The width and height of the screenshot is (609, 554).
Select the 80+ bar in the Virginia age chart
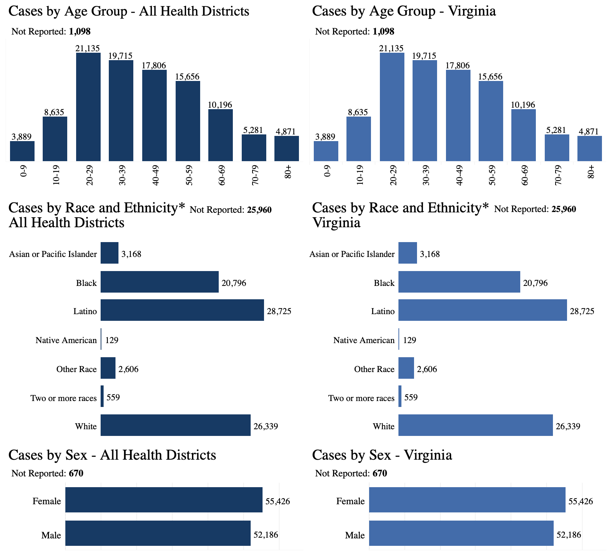pyautogui.click(x=590, y=149)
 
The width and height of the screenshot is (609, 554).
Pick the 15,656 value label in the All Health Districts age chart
pyautogui.click(x=188, y=77)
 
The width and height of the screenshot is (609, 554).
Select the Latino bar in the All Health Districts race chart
pyautogui.click(x=182, y=310)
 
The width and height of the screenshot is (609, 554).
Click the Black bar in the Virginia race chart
pyautogui.click(x=459, y=282)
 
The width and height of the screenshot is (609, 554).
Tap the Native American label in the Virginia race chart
pyautogui.click(x=364, y=340)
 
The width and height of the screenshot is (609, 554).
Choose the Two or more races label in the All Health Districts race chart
pyautogui.click(x=63, y=398)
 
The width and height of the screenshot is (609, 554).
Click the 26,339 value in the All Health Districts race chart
pyautogui.click(x=266, y=426)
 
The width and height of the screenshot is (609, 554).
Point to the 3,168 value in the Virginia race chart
pyautogui.click(x=430, y=254)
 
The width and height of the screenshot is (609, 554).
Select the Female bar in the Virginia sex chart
pyautogui.click(x=467, y=500)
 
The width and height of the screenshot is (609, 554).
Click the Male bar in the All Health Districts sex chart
pyautogui.click(x=158, y=533)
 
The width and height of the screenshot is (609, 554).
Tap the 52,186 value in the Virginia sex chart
pyautogui.click(x=569, y=535)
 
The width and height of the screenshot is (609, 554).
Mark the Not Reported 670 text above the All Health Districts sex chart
pyautogui.click(x=48, y=473)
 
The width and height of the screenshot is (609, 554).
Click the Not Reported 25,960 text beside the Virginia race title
pyautogui.click(x=535, y=209)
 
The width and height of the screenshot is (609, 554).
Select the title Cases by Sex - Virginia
pyautogui.click(x=382, y=455)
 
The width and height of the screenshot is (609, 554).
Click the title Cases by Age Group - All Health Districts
pyautogui.click(x=128, y=11)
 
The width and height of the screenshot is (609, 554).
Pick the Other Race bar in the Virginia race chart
pyautogui.click(x=406, y=368)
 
